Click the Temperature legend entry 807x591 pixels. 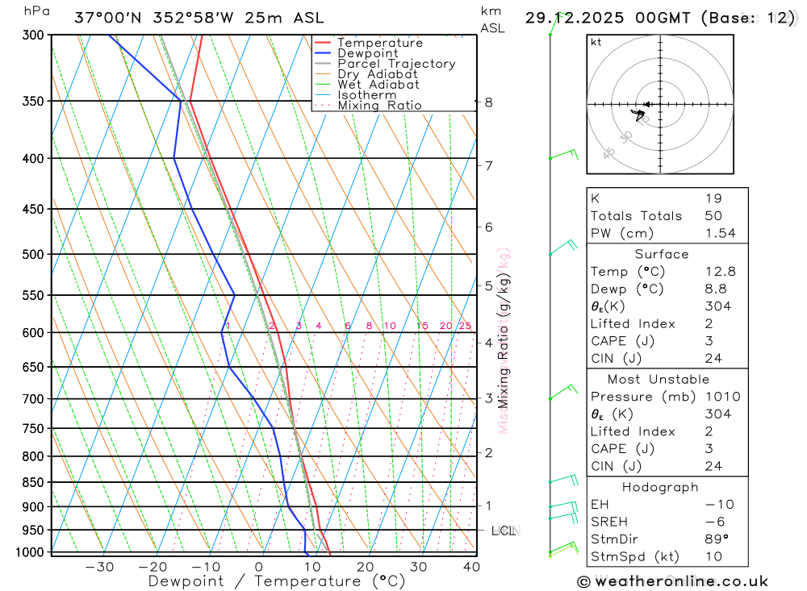(379, 43)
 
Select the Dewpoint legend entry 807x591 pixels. (367, 53)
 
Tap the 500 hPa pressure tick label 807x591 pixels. (33, 254)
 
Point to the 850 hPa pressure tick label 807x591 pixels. (33, 482)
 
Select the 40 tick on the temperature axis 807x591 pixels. (471, 567)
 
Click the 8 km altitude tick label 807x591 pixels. (488, 102)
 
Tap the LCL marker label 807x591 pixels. (504, 531)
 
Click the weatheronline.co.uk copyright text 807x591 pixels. (672, 581)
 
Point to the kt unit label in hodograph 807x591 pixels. (596, 43)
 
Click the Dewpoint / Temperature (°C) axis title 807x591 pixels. (277, 581)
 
